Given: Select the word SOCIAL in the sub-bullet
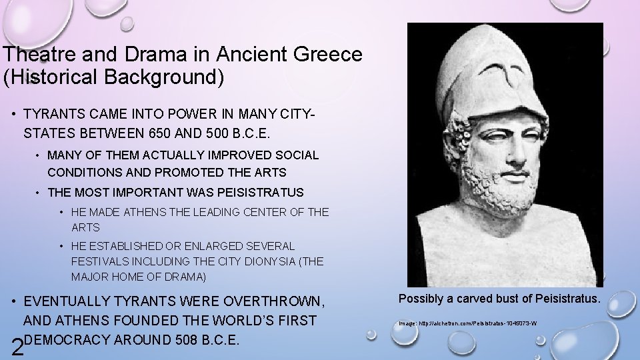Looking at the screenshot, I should [299, 155].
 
